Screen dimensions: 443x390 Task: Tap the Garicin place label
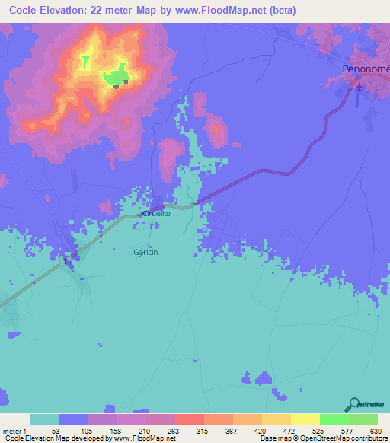coord(145,252)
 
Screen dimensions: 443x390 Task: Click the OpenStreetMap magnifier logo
coord(353,404)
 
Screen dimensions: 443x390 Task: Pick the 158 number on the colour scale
coord(113,431)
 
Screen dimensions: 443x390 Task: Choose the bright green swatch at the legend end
coord(363,419)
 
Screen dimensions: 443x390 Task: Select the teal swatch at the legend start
coord(45,419)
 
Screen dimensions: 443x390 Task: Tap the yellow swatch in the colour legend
coord(305,419)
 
